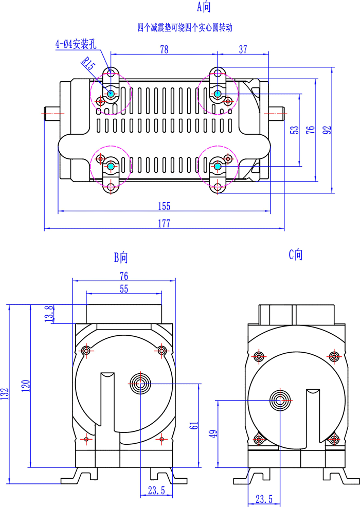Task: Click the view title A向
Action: [x=204, y=7]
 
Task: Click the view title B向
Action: [x=120, y=257]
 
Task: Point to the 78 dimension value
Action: [x=164, y=49]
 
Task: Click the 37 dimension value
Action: [x=243, y=49]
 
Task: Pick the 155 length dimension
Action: [x=164, y=206]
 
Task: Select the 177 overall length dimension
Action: [x=164, y=223]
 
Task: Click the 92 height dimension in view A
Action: [x=327, y=130]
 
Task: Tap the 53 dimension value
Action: [x=294, y=130]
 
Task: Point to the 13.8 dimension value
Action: [x=49, y=314]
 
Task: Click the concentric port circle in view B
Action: [x=140, y=384]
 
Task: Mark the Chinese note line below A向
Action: [x=185, y=27]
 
